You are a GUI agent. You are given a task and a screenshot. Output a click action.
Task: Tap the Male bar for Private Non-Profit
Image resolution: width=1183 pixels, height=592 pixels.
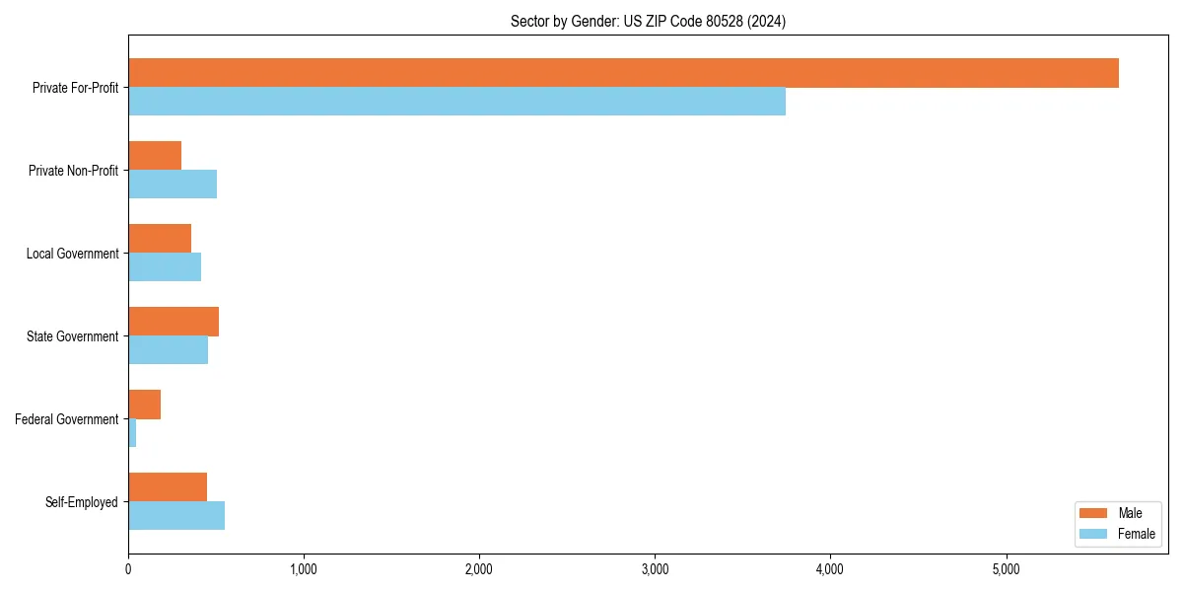tap(155, 156)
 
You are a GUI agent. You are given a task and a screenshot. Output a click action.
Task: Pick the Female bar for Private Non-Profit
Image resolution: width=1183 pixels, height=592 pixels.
tap(173, 185)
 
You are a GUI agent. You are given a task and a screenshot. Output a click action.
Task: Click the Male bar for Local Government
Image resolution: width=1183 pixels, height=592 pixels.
tap(160, 239)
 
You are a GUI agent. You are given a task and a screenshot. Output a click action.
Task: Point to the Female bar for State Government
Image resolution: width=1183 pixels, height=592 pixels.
tap(168, 350)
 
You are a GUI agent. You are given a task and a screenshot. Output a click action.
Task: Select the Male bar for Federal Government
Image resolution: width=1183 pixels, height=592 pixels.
tap(144, 405)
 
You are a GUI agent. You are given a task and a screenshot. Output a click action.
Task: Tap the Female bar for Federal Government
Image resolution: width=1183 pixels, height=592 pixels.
tap(132, 433)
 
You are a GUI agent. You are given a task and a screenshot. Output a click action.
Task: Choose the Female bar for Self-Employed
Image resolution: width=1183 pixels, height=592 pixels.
tap(176, 516)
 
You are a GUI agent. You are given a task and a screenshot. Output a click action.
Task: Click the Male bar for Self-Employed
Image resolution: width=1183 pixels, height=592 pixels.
tap(168, 487)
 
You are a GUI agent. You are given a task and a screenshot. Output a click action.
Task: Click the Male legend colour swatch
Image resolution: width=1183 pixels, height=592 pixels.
tap(1094, 513)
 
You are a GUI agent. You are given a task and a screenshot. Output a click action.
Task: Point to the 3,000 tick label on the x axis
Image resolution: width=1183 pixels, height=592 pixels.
tap(655, 569)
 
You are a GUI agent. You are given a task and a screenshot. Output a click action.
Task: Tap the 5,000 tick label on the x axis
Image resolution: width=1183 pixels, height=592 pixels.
tap(1006, 569)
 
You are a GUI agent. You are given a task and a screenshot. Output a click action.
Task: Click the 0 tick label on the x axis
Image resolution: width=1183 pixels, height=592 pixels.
tap(128, 569)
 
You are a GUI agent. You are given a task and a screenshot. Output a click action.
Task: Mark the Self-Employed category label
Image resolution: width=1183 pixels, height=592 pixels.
tap(82, 502)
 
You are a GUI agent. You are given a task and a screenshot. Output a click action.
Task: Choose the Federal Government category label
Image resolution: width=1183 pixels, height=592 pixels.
tap(67, 419)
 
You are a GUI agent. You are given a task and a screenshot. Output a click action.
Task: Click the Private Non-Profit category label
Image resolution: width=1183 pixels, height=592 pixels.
tap(73, 171)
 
